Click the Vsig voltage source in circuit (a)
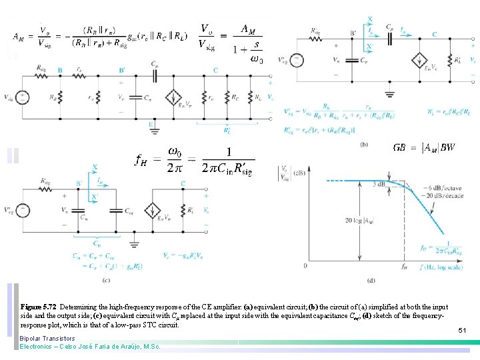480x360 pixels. pyautogui.click(x=22, y=97)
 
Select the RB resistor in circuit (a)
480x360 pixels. pyautogui.click(x=61, y=97)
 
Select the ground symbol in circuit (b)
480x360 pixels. pyautogui.click(x=390, y=93)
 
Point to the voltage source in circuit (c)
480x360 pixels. pyautogui.click(x=22, y=211)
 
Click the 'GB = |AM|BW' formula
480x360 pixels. pyautogui.click(x=424, y=147)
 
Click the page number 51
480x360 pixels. pyautogui.click(x=462, y=330)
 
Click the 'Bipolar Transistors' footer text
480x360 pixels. pyautogui.click(x=47, y=339)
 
